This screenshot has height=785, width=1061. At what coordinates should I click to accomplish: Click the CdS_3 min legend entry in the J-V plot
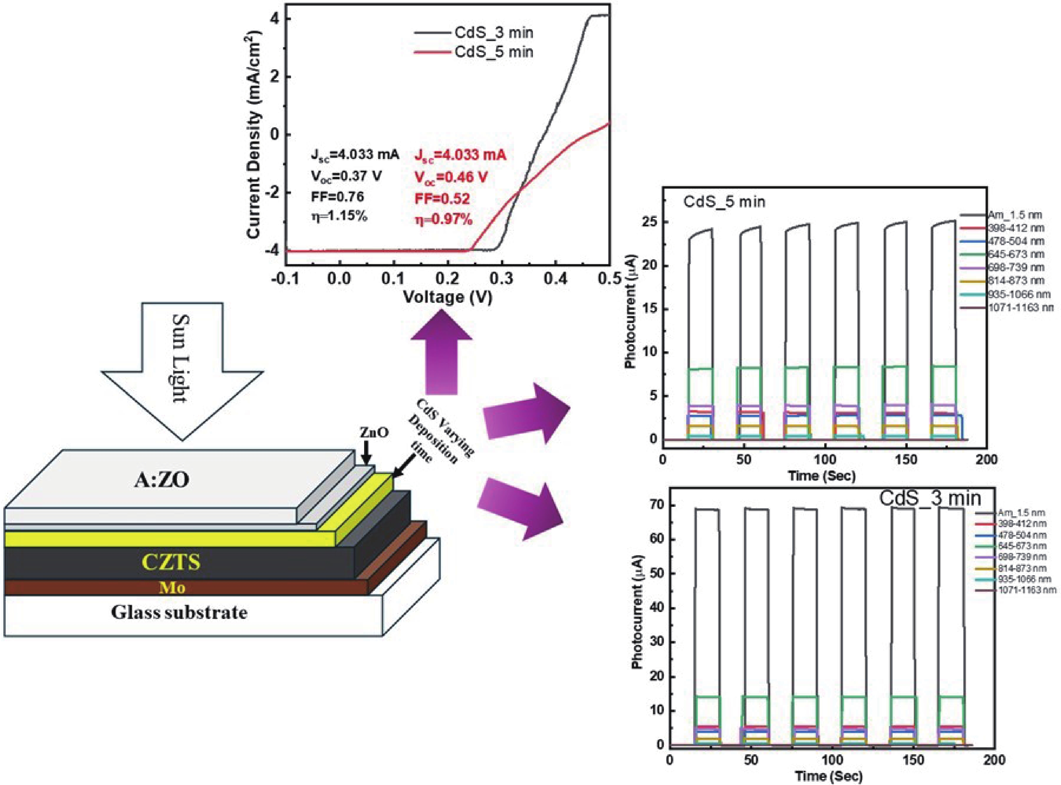[x=474, y=32]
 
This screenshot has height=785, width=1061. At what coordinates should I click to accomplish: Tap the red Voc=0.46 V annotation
[x=451, y=177]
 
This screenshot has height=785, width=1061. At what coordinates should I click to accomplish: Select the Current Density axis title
[x=255, y=134]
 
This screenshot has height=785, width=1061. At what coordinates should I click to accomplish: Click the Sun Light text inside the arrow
[x=182, y=359]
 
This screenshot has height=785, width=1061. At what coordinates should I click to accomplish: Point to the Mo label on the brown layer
[x=172, y=588]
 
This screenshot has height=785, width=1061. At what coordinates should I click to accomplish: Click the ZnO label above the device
[x=374, y=433]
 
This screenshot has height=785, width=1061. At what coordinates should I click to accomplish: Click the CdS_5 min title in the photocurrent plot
[x=725, y=202]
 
